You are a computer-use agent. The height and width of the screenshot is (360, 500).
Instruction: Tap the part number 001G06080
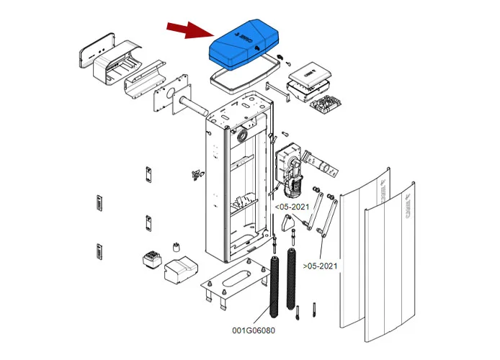coord(252,331)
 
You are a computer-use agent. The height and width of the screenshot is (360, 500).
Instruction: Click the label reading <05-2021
coord(293,207)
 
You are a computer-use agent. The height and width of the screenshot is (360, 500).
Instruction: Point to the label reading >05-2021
coord(320,266)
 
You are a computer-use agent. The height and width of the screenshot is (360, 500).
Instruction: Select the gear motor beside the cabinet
coord(290,169)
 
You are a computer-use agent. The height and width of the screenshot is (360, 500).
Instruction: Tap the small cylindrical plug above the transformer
coord(174,247)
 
